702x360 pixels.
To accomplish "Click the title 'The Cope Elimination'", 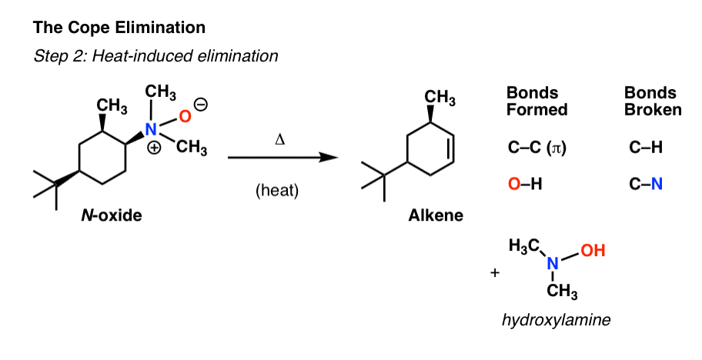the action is click(x=119, y=28).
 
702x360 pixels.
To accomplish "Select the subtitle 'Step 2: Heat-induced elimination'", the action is click(x=155, y=56).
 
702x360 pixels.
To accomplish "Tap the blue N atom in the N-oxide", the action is click(x=152, y=129).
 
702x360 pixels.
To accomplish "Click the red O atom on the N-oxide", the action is click(x=185, y=116).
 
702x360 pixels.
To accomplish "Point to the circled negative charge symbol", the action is click(x=202, y=105).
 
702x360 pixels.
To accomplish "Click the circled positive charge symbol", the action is click(x=154, y=148).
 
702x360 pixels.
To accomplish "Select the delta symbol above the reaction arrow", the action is click(x=280, y=140).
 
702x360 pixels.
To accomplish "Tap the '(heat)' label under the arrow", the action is click(x=277, y=191).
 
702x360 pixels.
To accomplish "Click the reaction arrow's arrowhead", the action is click(x=329, y=158).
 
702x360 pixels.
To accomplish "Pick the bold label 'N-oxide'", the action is click(x=112, y=215).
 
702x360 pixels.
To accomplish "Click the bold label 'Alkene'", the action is click(x=436, y=215).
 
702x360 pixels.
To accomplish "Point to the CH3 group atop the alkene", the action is click(x=440, y=98).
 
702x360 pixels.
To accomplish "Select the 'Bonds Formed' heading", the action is click(x=537, y=101).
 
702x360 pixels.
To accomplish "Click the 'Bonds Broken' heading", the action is click(x=653, y=101).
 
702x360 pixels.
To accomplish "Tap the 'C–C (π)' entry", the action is click(x=537, y=148).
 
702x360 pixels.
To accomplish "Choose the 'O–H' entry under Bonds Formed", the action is click(x=525, y=184).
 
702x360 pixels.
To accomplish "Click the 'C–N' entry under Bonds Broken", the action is click(x=646, y=184).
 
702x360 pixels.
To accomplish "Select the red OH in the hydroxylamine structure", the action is click(x=593, y=251).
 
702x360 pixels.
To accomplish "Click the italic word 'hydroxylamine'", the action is click(x=556, y=320).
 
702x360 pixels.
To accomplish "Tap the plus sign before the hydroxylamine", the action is click(x=495, y=273).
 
